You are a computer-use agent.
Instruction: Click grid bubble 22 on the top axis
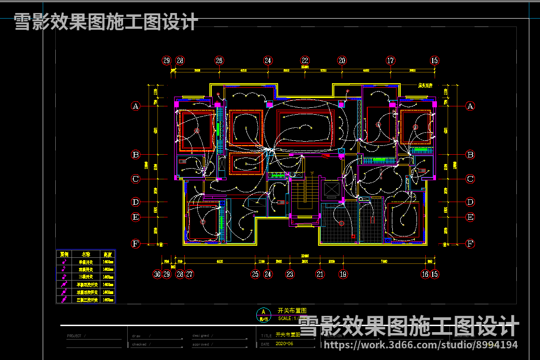pyautogui.click(x=305, y=60)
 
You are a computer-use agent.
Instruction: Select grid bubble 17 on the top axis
pyautogui.click(x=390, y=60)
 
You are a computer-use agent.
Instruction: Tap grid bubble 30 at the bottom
pyautogui.click(x=157, y=274)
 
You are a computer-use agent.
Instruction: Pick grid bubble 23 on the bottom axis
pyautogui.click(x=290, y=274)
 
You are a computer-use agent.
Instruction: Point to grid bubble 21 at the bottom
pyautogui.click(x=320, y=274)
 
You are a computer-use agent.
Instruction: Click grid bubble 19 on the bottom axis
pyautogui.click(x=343, y=274)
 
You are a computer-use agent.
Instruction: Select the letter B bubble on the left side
pyautogui.click(x=136, y=155)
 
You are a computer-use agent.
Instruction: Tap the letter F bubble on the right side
pyautogui.click(x=470, y=243)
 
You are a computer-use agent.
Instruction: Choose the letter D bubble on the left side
pyautogui.click(x=136, y=202)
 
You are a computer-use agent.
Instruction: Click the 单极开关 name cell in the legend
pyautogui.click(x=85, y=262)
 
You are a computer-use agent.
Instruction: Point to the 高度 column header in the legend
pyautogui.click(x=108, y=255)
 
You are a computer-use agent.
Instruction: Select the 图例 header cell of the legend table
pyautogui.click(x=64, y=255)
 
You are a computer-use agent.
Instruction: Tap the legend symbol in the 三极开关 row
pyautogui.click(x=64, y=277)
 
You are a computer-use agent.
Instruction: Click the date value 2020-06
pyautogui.click(x=285, y=344)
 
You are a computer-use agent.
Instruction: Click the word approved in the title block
pyautogui.click(x=201, y=344)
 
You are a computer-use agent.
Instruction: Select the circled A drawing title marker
pyautogui.click(x=263, y=312)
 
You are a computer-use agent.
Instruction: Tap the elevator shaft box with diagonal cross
pyautogui.click(x=331, y=189)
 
